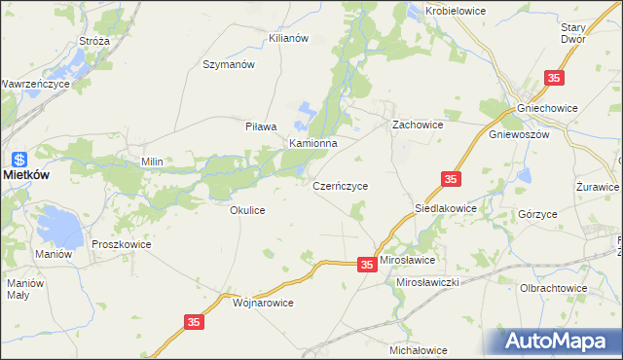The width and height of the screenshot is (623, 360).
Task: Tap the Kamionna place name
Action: pyautogui.click(x=312, y=143)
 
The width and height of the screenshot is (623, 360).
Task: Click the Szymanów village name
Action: pyautogui.click(x=228, y=64)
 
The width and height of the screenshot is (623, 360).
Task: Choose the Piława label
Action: pyautogui.click(x=261, y=126)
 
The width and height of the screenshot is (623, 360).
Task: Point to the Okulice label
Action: pyautogui.click(x=247, y=209)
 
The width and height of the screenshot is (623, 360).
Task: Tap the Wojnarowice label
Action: pyautogui.click(x=263, y=303)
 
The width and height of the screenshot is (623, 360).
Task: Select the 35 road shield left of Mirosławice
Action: pyautogui.click(x=366, y=264)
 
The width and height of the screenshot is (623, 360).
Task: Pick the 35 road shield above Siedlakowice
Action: pyautogui.click(x=450, y=179)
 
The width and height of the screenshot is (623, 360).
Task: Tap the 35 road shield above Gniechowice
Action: pyautogui.click(x=554, y=78)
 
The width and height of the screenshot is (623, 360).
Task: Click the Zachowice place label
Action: pyautogui.click(x=418, y=126)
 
